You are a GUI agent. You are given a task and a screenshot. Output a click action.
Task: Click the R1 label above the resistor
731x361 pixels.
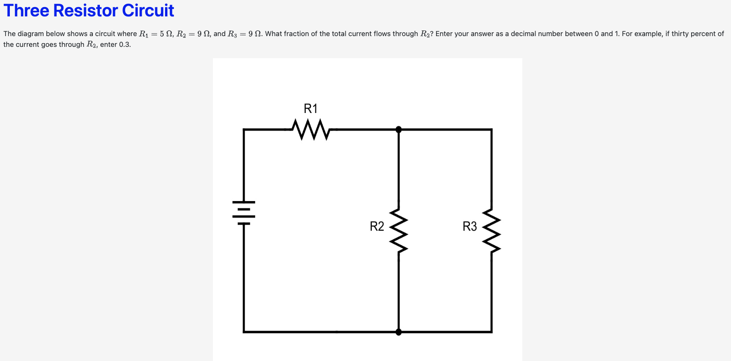310,109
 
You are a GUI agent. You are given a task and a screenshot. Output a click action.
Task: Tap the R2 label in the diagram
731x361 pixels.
377,227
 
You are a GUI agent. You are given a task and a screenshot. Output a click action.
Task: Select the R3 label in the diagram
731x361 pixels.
469,227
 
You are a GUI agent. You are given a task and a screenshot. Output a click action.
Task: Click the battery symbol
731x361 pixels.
244,213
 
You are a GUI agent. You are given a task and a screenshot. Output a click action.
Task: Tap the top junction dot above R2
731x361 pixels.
399,129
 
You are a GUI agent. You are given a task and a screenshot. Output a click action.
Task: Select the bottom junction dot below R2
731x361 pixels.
399,332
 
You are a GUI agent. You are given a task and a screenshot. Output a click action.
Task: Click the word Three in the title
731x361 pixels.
27,10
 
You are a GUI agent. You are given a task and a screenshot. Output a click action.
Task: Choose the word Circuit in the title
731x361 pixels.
150,10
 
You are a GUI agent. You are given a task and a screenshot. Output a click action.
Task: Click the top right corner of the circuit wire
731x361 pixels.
491,129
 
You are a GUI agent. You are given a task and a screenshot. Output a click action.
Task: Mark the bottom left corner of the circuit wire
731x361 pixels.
244,331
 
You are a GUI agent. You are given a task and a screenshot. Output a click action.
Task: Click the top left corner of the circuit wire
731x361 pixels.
244,129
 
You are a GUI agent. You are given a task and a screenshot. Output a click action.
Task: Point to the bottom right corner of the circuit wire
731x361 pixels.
491,331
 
